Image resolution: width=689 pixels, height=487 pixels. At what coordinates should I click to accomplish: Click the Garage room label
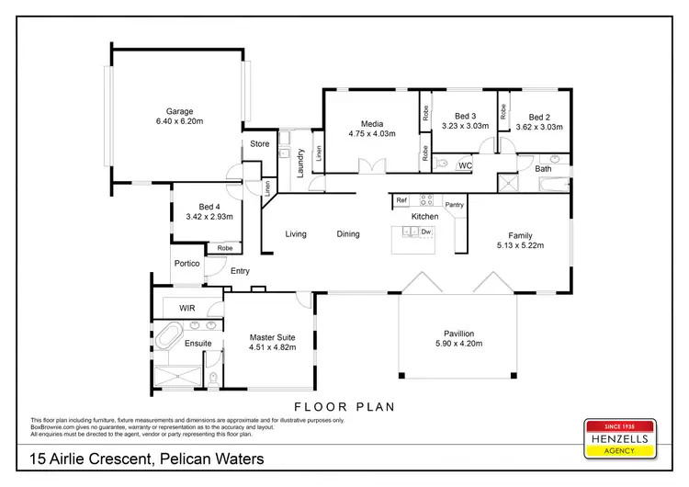click(x=179, y=111)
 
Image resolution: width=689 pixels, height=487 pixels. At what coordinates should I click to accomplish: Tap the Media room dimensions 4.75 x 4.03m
click(x=371, y=134)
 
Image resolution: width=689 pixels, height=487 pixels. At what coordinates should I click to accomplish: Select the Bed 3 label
click(x=465, y=117)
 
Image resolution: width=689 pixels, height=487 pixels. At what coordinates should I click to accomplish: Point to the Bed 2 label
click(x=539, y=117)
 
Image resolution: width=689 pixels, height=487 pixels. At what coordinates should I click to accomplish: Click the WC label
click(x=465, y=165)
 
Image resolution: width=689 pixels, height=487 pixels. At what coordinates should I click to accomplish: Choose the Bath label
click(x=544, y=168)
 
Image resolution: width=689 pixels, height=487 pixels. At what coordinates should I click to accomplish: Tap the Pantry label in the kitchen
click(x=454, y=204)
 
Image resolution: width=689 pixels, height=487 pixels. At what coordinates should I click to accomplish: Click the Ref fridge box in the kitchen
click(x=401, y=199)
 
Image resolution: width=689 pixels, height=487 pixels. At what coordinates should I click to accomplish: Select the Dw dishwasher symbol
click(x=426, y=232)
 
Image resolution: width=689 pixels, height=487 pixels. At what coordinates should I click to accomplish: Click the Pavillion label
click(x=457, y=334)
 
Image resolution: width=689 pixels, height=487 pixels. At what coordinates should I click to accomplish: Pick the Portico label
click(x=186, y=263)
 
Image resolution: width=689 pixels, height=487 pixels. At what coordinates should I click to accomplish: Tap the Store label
click(x=260, y=144)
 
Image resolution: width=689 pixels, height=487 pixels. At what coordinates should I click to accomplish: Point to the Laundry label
click(x=300, y=163)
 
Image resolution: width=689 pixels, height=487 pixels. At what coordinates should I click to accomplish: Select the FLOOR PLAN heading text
click(x=344, y=405)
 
